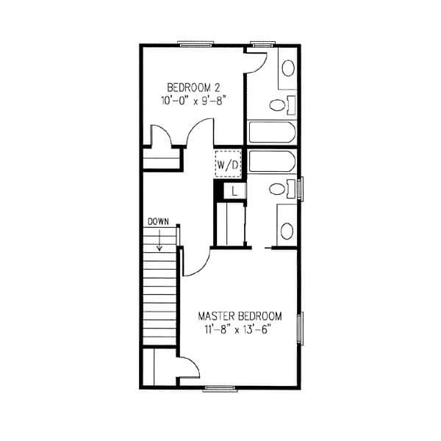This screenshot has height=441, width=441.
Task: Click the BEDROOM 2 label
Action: pos(193,87)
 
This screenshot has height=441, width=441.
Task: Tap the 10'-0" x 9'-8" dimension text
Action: pos(194,101)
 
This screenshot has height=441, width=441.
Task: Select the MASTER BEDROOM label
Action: pos(240,316)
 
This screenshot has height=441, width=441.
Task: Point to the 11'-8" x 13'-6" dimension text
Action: pos(237,329)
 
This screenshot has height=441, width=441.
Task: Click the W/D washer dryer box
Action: pos(228,164)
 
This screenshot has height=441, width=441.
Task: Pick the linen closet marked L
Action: pos(234,191)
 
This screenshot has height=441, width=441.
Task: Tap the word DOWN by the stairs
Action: pos(158,222)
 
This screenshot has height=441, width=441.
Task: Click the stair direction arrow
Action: pos(159,240)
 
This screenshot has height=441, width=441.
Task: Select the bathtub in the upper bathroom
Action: pos(272,132)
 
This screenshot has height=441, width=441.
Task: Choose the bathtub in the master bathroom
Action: pos(272,161)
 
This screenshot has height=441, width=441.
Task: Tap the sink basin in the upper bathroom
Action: pos(288,68)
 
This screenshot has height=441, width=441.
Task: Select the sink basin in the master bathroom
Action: pos(287,231)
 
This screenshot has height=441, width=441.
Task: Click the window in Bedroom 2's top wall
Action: pos(196,44)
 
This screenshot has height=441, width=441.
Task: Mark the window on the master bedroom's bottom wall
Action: pos(220,389)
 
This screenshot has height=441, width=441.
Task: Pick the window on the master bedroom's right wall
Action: pos(301,329)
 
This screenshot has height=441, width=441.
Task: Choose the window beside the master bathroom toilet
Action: pos(301,189)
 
